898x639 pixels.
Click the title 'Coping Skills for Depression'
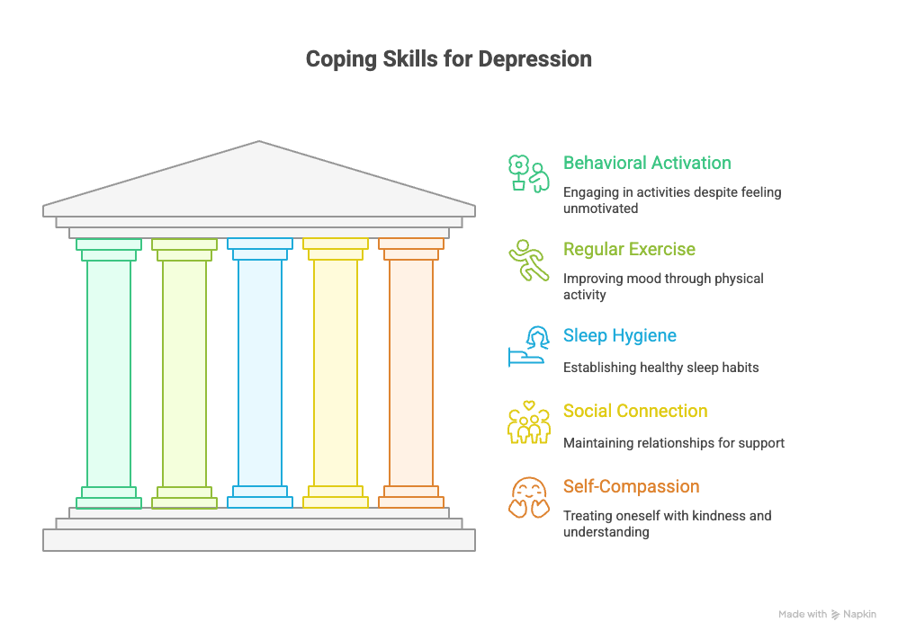coord(448,59)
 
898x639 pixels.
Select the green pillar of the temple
coord(109,374)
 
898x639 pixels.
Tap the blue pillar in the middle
coord(260,374)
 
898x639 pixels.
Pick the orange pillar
coord(411,374)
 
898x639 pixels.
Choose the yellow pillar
coord(336,374)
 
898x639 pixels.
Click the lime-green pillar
coord(184,374)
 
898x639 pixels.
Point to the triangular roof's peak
coord(259,141)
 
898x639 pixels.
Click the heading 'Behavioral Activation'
coord(647,163)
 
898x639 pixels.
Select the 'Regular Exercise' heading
coord(629,250)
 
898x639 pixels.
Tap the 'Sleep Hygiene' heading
coord(620,336)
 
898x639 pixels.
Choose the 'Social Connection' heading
coord(635,411)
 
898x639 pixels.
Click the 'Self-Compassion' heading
coord(631,486)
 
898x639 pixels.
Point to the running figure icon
coord(528,261)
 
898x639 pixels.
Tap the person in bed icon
coord(528,346)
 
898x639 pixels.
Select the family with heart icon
coord(528,422)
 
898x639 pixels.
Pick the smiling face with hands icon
coord(528,498)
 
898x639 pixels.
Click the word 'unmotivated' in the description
coord(600,209)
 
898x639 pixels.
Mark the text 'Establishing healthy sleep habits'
coord(660,368)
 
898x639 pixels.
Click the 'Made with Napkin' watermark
coord(827,615)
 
